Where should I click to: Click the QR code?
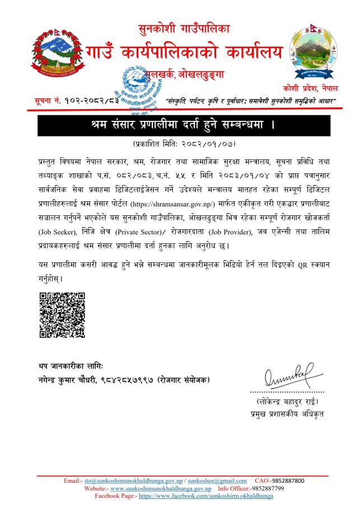point(62,315)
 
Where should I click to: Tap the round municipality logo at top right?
point(315,55)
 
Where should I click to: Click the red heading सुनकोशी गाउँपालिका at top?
point(184,27)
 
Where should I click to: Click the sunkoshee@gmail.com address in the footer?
point(217,480)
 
